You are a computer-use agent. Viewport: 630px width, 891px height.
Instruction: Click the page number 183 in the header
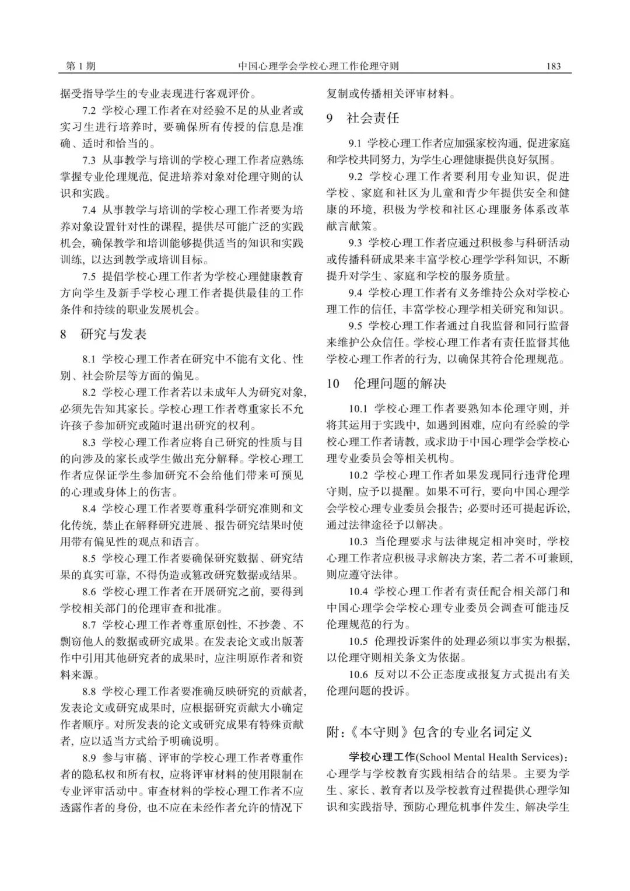tap(553, 66)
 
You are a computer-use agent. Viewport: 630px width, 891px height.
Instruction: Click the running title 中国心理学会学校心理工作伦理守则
tap(318, 66)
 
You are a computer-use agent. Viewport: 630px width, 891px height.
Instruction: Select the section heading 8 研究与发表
tap(103, 334)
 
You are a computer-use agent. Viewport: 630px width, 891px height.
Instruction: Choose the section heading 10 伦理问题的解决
tap(386, 383)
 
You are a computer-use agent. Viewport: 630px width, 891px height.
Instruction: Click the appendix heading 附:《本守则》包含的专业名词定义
tap(429, 732)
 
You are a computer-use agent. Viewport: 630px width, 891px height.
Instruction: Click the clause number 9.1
tap(355, 143)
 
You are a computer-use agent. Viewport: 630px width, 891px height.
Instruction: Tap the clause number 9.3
tap(355, 243)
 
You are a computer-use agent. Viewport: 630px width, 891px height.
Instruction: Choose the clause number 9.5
tap(355, 326)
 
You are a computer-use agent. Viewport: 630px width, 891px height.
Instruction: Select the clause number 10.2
tap(358, 475)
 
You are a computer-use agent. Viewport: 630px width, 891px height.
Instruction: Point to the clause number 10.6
tap(358, 675)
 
